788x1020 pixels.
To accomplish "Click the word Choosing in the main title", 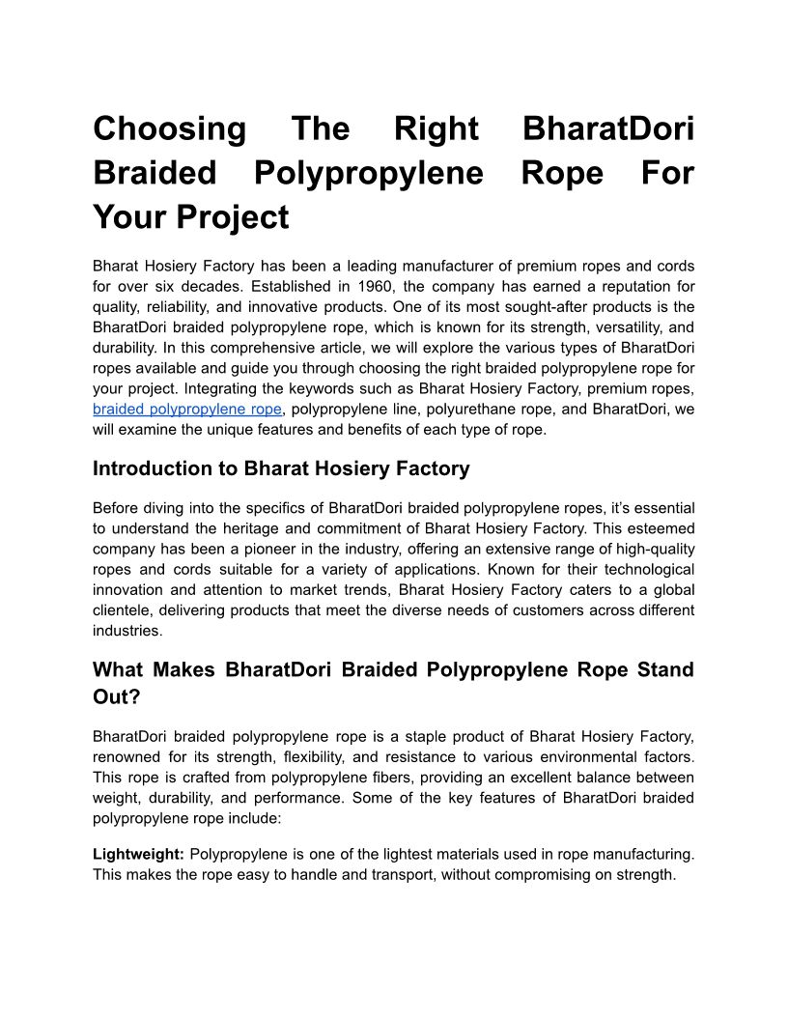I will (170, 128).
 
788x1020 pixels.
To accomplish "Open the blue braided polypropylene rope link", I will (187, 409).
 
